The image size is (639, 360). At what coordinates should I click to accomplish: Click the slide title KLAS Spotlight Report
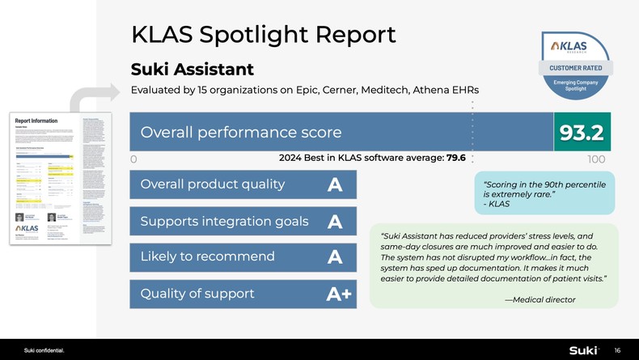[x=263, y=34]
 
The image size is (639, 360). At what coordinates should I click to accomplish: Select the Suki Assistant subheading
[x=193, y=70]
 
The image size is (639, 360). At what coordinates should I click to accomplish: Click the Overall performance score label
[x=241, y=132]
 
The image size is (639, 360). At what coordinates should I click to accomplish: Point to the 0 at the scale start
[x=133, y=159]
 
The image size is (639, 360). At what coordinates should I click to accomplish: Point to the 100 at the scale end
[x=596, y=159]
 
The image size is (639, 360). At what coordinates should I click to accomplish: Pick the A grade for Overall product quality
[x=335, y=185]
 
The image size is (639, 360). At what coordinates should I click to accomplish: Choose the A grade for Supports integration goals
[x=335, y=222]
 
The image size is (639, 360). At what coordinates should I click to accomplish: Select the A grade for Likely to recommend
[x=335, y=257]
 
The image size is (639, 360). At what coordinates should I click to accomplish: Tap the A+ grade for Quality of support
[x=339, y=294]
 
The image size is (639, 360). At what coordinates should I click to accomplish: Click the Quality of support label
[x=197, y=294]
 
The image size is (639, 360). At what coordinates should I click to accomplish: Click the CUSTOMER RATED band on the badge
[x=575, y=67]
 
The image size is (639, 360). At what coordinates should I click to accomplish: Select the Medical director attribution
[x=540, y=300]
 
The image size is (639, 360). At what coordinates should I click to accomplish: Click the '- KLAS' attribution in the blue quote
[x=496, y=204]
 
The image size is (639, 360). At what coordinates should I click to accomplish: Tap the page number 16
[x=617, y=350]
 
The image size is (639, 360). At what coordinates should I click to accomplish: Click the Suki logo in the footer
[x=582, y=350]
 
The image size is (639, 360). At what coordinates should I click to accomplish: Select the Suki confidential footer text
[x=44, y=350]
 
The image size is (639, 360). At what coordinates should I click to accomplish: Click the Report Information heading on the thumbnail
[x=37, y=120]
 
